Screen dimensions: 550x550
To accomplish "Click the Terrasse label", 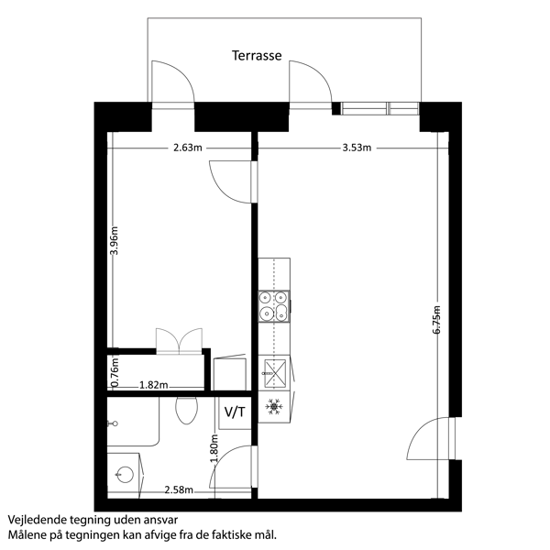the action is click(x=257, y=55).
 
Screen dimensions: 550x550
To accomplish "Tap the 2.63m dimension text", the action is click(x=188, y=148).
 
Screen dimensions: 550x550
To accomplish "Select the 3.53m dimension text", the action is click(x=357, y=148).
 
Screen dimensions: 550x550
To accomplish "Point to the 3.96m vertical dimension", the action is click(x=114, y=240).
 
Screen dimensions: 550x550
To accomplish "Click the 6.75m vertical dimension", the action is click(x=436, y=320).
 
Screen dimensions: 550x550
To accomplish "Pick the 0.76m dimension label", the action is click(x=115, y=372).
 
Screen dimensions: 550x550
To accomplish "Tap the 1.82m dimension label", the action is click(x=154, y=385).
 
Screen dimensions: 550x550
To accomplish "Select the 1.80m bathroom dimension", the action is click(x=214, y=448).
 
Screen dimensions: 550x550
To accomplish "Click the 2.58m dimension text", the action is click(x=179, y=489).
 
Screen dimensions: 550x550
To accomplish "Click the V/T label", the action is click(x=235, y=412).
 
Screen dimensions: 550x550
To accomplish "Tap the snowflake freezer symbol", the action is click(x=274, y=406).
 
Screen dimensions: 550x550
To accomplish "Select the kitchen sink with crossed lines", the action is click(x=274, y=373).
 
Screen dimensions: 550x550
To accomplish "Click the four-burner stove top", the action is click(x=274, y=306).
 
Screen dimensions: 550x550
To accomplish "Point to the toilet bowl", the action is click(x=187, y=411).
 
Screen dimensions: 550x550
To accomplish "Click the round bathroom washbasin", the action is click(x=125, y=475).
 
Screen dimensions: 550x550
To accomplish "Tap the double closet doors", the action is click(x=180, y=341).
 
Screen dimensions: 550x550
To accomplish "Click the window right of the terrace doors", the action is click(x=380, y=108).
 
